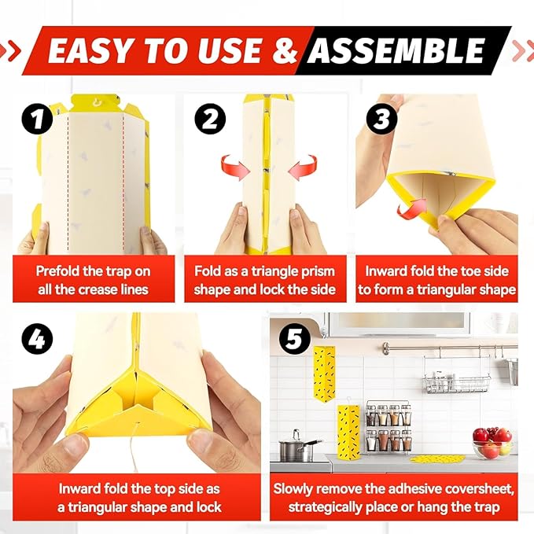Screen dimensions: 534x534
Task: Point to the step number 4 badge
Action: tap(38, 339)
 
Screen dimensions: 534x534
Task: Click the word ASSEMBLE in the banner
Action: tap(396, 51)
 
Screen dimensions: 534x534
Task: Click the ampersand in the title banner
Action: tap(285, 51)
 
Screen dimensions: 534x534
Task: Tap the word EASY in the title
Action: tap(92, 51)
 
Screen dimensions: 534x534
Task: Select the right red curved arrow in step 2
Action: tap(304, 167)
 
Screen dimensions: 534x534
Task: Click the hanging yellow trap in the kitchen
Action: tap(323, 371)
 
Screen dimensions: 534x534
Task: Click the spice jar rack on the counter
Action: tap(388, 429)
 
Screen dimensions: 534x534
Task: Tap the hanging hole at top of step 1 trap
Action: tap(95, 102)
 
